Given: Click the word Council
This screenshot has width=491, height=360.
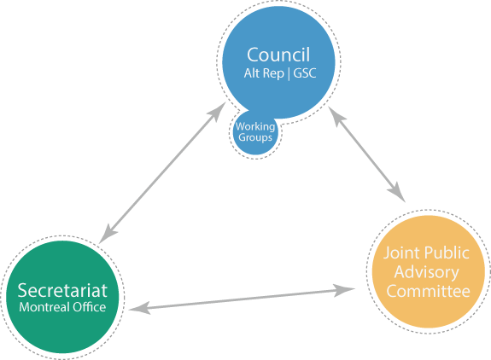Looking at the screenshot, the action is (x=278, y=55).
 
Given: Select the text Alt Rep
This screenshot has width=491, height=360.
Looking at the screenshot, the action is (x=264, y=73).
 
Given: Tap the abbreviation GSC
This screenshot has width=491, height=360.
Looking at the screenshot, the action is (x=305, y=73).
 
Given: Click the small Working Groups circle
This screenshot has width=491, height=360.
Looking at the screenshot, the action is (x=255, y=133).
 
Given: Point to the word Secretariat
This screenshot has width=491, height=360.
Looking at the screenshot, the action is (x=62, y=290).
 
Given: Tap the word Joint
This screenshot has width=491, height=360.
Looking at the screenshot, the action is (x=399, y=253).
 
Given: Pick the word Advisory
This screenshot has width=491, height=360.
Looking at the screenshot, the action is (x=426, y=273).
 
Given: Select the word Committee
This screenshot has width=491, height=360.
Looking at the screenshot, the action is (x=428, y=291).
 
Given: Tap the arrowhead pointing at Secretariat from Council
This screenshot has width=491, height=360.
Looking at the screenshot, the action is (x=108, y=234).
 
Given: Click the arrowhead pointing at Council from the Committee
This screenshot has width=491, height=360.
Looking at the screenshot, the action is (x=336, y=116).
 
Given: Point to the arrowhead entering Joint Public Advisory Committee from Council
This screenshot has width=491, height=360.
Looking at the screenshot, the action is (x=397, y=193).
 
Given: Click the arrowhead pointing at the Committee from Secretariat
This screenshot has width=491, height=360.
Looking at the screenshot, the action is (x=344, y=290).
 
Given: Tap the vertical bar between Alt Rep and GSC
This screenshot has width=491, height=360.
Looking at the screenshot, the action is (x=289, y=74).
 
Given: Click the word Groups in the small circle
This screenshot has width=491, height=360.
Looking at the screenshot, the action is (x=255, y=138).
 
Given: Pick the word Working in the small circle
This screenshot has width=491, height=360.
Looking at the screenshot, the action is (x=255, y=126).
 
